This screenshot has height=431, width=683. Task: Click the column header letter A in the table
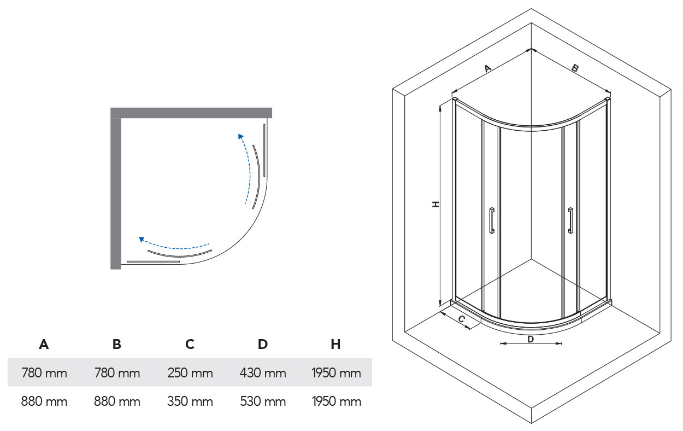[44, 345]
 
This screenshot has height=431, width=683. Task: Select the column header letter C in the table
[190, 345]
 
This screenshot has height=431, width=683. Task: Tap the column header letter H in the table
[335, 345]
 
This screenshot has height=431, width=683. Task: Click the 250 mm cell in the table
[190, 374]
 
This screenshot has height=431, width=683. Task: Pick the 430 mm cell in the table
[263, 374]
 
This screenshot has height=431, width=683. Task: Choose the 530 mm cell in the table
[263, 402]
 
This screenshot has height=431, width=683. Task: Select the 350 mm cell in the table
[190, 402]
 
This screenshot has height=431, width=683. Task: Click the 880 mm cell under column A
[44, 402]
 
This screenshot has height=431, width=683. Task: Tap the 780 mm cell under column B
[117, 374]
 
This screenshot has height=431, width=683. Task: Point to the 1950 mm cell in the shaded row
[336, 374]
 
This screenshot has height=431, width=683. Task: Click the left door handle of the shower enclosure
[492, 220]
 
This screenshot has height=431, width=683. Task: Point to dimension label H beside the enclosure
[435, 204]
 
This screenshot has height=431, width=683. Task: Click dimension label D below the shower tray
[530, 339]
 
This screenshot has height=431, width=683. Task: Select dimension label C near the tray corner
[461, 318]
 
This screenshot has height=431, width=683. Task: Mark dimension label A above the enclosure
[488, 68]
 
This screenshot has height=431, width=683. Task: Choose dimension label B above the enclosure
[575, 68]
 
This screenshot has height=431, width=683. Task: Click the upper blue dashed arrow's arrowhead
[239, 136]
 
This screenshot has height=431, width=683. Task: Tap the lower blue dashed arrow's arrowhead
[142, 239]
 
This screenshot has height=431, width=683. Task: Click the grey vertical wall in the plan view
[116, 191]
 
